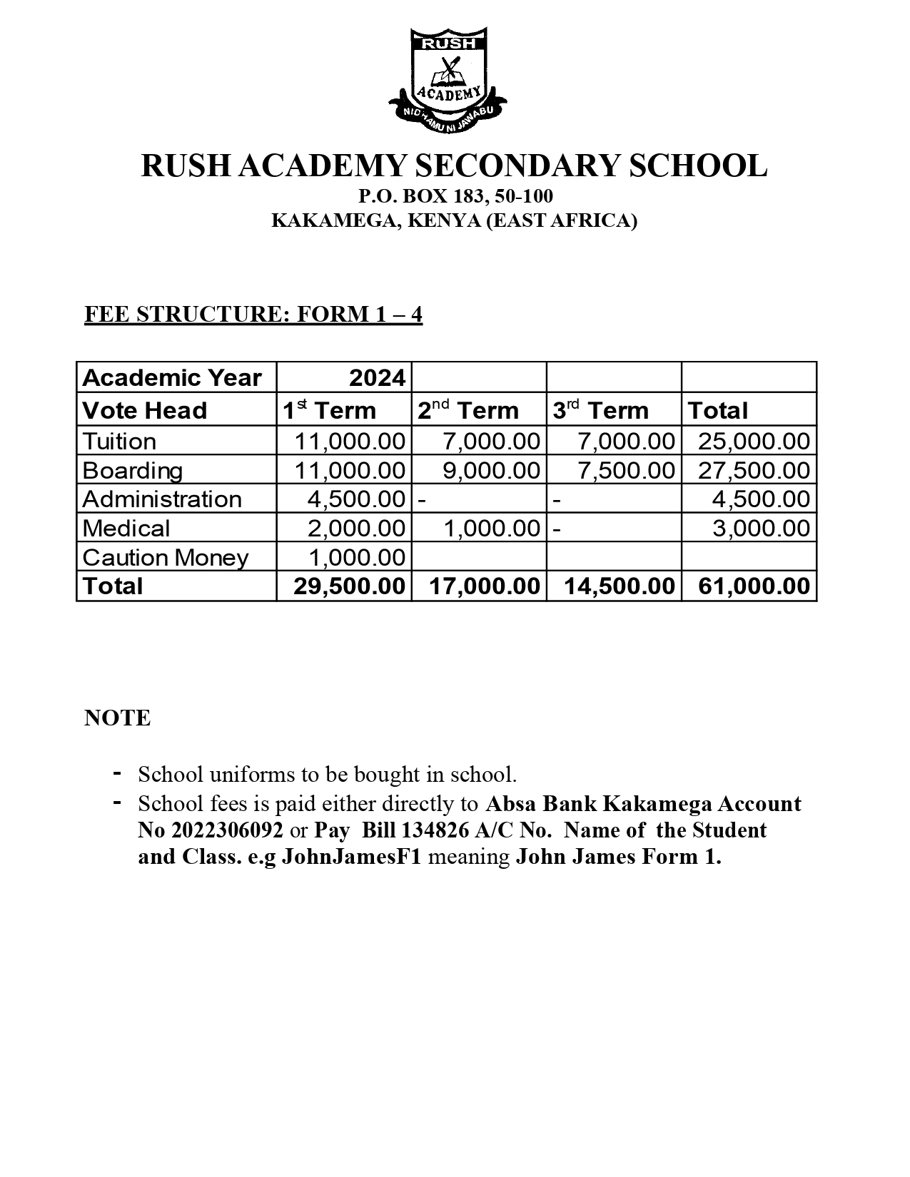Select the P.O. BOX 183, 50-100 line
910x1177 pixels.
point(455,196)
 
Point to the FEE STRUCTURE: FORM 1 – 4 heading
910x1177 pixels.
point(253,315)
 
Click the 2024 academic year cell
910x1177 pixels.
point(377,377)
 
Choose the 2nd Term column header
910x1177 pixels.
point(468,410)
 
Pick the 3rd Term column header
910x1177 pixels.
point(601,410)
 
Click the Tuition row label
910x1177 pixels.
point(119,441)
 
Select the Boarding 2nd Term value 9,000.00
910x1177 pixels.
point(491,470)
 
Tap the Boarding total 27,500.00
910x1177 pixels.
point(754,470)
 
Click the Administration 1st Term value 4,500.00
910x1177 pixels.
point(356,499)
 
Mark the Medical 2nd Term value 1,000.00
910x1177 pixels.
point(491,528)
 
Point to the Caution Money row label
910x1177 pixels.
point(166,557)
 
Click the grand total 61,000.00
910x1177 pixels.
point(754,586)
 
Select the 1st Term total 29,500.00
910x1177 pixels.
point(349,586)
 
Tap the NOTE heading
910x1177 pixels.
point(118,718)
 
